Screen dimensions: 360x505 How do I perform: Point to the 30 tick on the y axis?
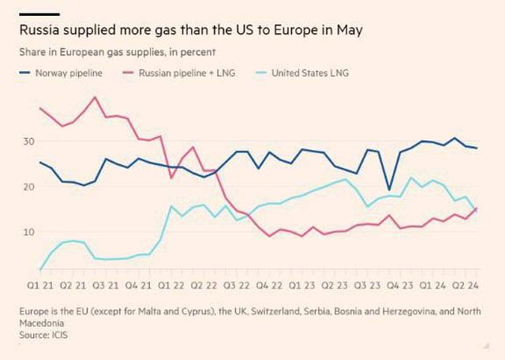click(28, 141)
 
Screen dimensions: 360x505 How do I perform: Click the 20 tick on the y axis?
click(28, 187)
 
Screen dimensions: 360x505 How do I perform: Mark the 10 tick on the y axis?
click(28, 232)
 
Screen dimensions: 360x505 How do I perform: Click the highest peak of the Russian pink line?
click(95, 97)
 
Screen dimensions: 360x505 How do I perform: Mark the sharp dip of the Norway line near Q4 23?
click(388, 190)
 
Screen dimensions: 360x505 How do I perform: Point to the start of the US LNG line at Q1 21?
click(39, 269)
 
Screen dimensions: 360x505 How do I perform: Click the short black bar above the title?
click(39, 14)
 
